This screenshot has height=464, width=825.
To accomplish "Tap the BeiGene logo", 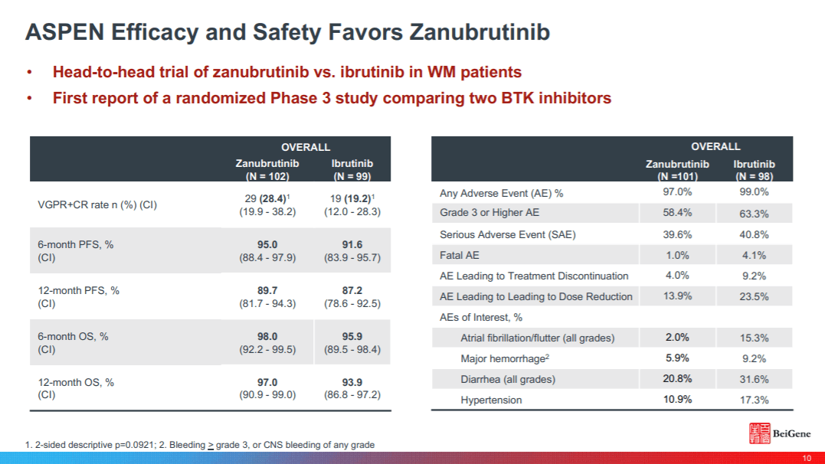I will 775,434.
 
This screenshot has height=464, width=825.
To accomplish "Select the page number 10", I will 806,458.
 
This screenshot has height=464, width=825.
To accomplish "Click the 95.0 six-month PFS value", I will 267,244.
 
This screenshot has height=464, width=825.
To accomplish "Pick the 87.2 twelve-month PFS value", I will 352,290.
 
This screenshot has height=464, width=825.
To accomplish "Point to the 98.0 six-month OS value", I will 267,336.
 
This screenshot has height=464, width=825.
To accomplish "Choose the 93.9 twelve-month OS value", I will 352,382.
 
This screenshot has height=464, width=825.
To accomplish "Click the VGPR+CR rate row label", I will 97,204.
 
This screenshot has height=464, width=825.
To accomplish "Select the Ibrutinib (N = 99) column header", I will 352,169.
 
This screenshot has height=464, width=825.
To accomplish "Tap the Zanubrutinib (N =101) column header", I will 677,169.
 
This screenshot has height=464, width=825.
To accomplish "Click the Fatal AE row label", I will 460,255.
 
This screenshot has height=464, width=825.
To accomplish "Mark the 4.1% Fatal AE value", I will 754,255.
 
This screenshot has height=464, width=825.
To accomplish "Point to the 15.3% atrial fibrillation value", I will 754,338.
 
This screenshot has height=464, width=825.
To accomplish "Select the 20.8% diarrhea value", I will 677,379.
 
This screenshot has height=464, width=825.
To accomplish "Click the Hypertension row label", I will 491,400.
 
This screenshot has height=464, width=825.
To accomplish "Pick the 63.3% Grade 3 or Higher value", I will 754,214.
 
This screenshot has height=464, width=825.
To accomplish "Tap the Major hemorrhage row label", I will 503,358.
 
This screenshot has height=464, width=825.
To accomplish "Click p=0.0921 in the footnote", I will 139,445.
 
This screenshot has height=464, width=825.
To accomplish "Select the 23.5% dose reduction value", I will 754,296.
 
